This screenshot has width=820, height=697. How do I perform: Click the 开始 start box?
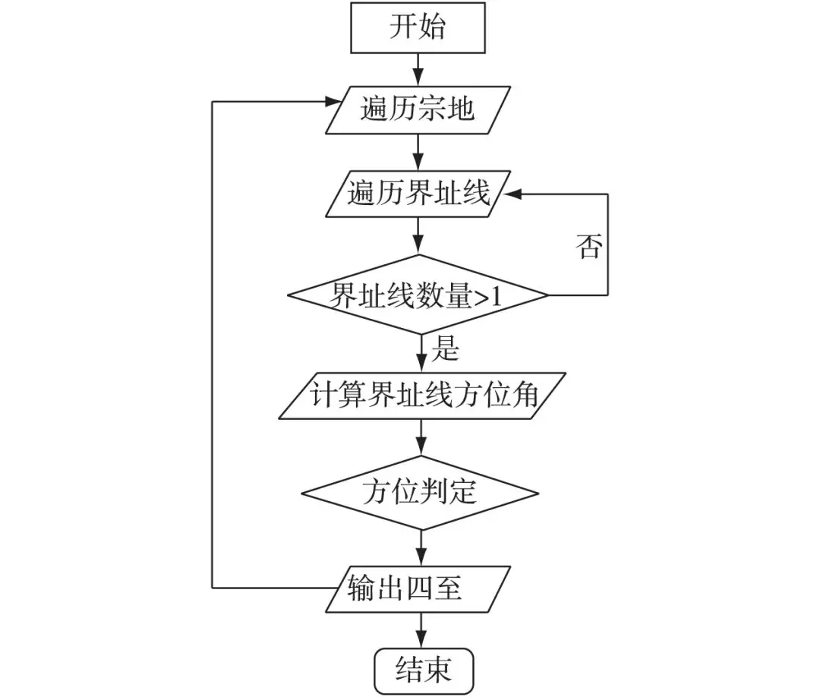point(418,27)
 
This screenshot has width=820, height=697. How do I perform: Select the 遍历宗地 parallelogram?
point(418,109)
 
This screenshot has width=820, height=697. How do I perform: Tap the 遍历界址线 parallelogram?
point(418,195)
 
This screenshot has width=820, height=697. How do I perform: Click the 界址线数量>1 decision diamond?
point(418,295)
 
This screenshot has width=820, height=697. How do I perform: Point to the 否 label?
point(588,247)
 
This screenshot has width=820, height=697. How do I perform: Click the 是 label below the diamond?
point(446,351)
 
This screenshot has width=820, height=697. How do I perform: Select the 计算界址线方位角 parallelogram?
point(418,396)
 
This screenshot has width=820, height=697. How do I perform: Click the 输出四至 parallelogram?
point(418,588)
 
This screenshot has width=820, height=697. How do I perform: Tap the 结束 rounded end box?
point(424,669)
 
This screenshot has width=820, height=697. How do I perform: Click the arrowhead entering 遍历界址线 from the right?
point(513,194)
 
